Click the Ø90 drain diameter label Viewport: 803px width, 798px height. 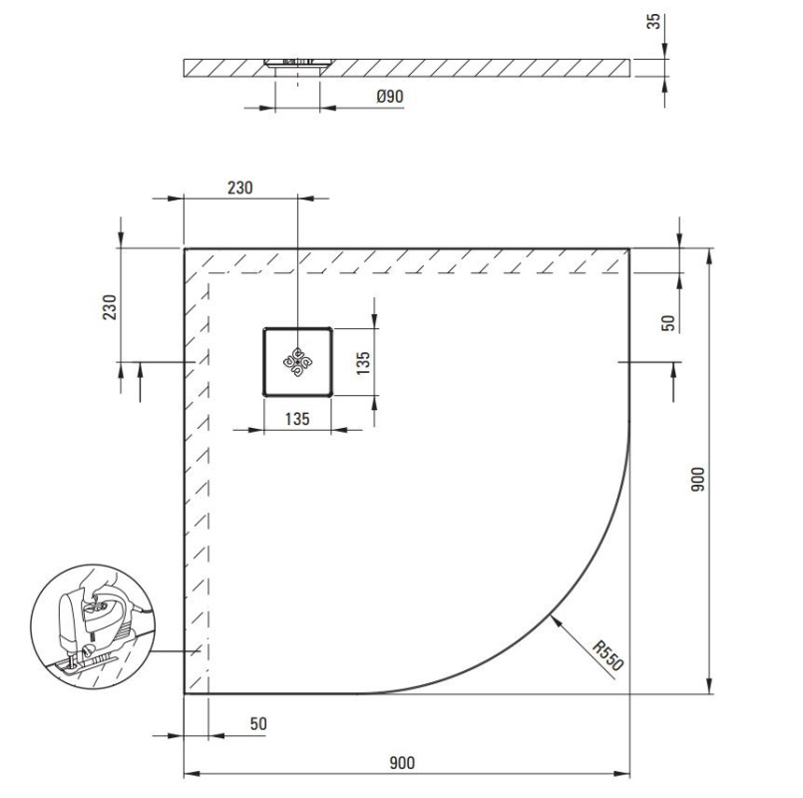[390, 97]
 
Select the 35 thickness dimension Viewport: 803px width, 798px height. [653, 22]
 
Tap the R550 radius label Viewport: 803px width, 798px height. [607, 655]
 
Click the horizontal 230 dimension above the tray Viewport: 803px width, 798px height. [240, 188]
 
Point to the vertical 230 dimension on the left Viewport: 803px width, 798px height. [110, 307]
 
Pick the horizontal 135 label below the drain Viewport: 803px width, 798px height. [297, 419]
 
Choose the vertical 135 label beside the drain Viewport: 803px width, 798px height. [362, 363]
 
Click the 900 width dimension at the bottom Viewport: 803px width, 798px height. [402, 763]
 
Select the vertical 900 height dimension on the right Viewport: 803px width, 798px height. [697, 480]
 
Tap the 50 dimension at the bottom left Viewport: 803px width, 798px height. [258, 724]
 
